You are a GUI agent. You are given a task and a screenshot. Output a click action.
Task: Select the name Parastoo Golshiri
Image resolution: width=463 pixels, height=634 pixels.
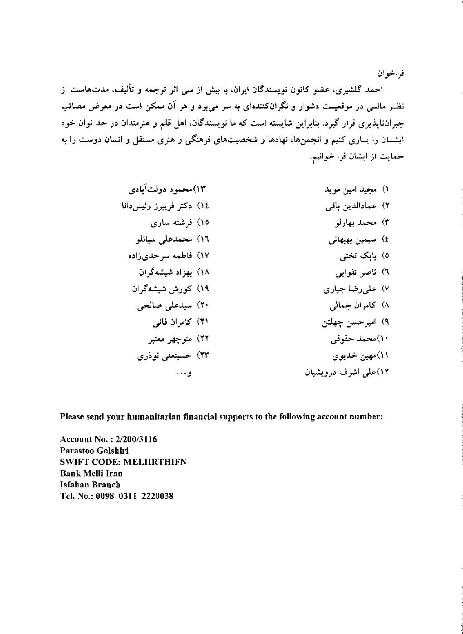click(94, 451)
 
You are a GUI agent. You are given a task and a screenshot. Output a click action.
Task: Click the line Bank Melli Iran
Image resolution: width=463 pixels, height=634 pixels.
click(91, 473)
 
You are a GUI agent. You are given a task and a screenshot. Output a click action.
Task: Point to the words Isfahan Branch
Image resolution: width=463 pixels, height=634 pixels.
click(90, 485)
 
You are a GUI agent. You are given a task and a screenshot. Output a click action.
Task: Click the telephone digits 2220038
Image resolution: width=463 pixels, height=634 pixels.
click(158, 496)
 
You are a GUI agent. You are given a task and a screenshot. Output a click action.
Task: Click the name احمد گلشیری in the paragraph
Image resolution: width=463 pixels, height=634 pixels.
click(367, 90)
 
